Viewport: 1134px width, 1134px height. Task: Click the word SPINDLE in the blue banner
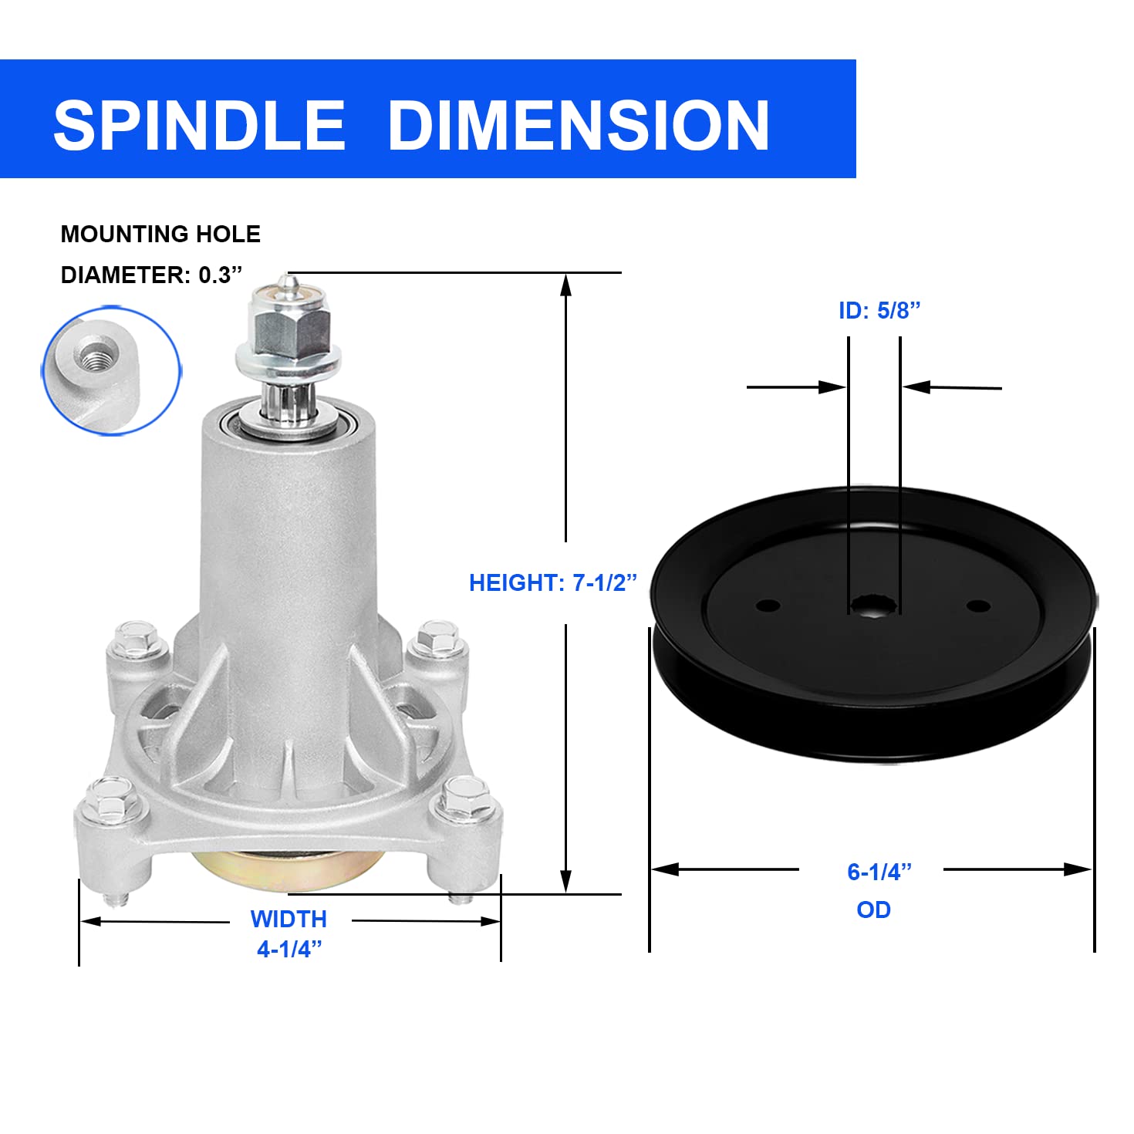(199, 125)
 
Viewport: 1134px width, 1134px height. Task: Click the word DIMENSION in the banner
(579, 125)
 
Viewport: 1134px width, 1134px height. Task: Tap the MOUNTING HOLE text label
(160, 235)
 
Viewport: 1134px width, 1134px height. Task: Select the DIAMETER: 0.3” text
(151, 275)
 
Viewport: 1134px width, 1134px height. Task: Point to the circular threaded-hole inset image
(111, 371)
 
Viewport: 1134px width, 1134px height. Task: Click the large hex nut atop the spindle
(290, 332)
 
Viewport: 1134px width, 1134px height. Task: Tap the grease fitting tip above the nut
(288, 281)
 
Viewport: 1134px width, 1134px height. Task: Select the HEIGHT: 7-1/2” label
(552, 582)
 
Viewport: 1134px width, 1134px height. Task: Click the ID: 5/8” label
(879, 310)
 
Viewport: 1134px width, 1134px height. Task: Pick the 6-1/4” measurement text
(879, 872)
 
